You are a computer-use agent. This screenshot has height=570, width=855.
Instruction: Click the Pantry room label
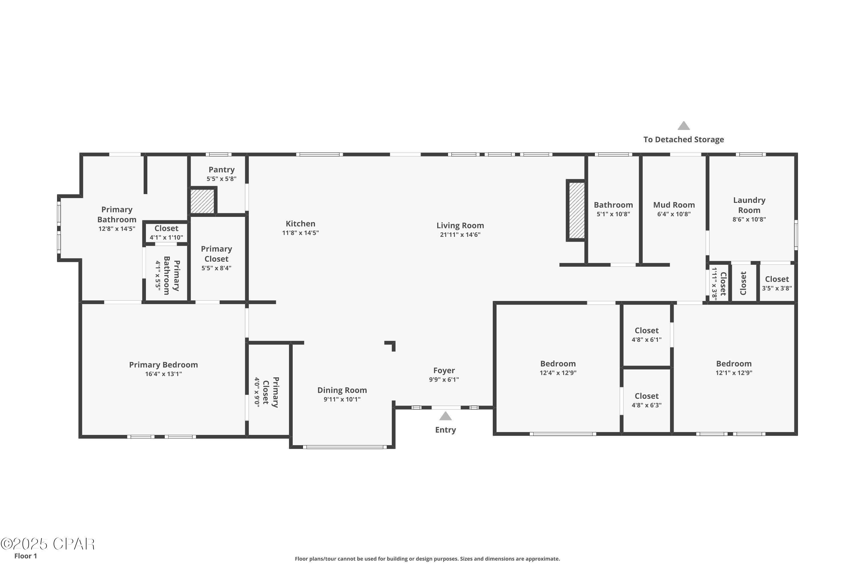[x=221, y=170]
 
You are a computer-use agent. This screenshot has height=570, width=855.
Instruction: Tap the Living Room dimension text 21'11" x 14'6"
[x=460, y=235]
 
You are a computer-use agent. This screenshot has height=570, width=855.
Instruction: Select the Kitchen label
[x=300, y=223]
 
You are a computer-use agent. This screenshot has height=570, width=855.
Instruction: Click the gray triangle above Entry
[x=445, y=416]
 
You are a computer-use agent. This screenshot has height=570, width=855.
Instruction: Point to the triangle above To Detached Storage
[x=683, y=126]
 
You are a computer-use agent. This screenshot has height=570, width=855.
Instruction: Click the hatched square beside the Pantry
[x=202, y=201]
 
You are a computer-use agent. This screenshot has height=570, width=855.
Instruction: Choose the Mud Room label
[x=674, y=205]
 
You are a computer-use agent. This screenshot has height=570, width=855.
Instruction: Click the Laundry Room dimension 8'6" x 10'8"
[x=749, y=219]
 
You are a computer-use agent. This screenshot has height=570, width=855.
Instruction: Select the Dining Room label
[x=342, y=390]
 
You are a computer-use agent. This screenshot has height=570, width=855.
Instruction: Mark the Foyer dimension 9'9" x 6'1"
[x=444, y=380]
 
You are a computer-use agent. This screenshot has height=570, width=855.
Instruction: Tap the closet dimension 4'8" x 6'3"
[x=647, y=405]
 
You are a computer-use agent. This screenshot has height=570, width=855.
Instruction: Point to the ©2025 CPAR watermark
[x=48, y=544]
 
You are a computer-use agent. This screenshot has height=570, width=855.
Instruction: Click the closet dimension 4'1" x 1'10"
[x=166, y=238]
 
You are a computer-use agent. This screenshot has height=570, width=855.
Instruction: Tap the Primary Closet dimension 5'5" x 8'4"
[x=216, y=268]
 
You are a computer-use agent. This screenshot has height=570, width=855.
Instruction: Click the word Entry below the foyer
[x=445, y=430]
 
